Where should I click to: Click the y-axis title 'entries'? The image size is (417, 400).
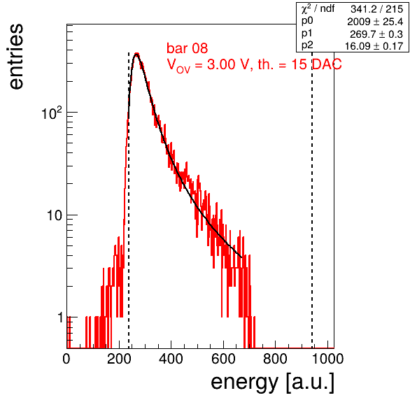click(17, 57)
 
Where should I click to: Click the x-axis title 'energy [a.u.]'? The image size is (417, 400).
click(272, 382)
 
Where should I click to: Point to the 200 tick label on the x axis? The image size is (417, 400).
click(119, 359)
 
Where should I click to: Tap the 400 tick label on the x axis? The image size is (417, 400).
click(171, 359)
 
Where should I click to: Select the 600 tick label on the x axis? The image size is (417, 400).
click(223, 359)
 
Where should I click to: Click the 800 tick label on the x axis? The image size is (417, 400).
click(275, 359)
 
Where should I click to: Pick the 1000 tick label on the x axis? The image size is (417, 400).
click(327, 359)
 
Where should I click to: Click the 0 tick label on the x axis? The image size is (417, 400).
click(66, 359)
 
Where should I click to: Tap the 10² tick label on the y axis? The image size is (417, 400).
click(52, 113)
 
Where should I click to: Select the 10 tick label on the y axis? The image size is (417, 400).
click(55, 215)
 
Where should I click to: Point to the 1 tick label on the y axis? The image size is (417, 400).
click(60, 317)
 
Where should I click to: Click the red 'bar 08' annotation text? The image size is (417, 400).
click(188, 48)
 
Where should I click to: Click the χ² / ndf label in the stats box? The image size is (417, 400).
click(318, 9)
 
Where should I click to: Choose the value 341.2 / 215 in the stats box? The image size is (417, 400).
click(377, 9)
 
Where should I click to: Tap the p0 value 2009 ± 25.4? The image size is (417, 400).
click(375, 22)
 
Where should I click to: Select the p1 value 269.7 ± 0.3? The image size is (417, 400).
click(376, 34)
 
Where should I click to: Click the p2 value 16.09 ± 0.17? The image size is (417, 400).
click(374, 46)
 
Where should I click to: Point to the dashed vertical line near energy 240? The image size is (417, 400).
click(129, 201)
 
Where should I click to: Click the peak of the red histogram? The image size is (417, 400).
click(136, 53)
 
